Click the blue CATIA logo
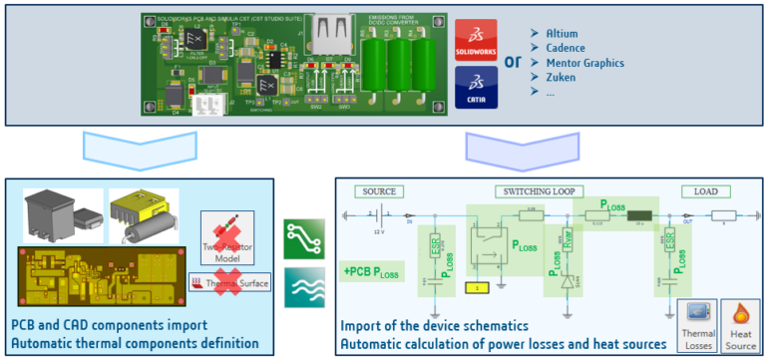pyautogui.click(x=476, y=86)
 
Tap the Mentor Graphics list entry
pyautogui.click(x=584, y=62)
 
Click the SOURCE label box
pyautogui.click(x=380, y=190)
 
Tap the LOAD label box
pyautogui.click(x=698, y=190)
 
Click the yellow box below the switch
pyautogui.click(x=479, y=288)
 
